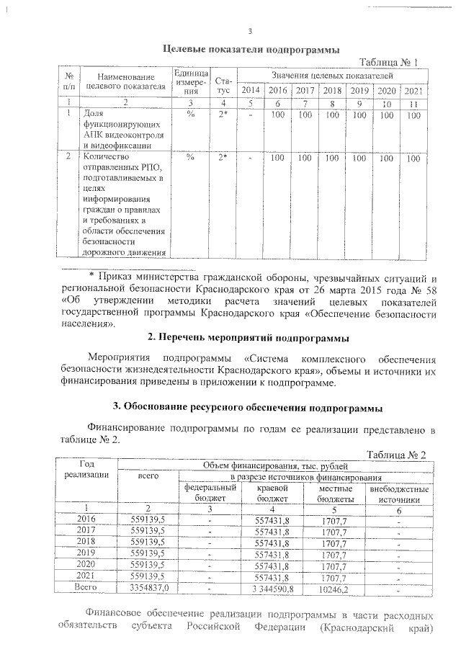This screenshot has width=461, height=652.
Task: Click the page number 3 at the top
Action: [249, 31]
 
